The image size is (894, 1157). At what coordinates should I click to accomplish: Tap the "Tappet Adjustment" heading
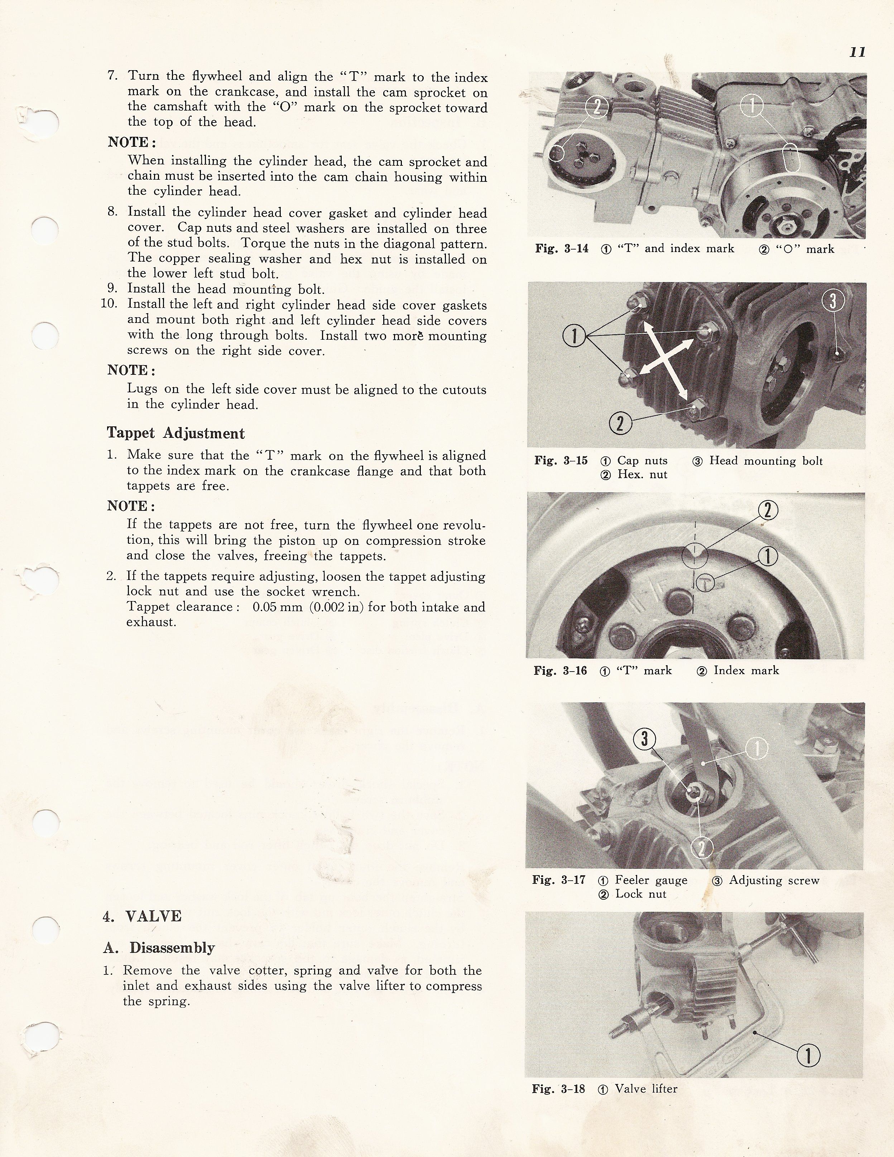(176, 434)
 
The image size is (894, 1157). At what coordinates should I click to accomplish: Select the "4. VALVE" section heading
(142, 916)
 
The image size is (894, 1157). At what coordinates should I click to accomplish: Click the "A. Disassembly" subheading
(159, 948)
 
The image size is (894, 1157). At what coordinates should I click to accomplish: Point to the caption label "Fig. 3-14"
(561, 248)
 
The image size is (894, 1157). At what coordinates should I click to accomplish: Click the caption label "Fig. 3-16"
(560, 671)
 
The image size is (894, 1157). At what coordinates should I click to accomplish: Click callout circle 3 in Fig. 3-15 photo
(832, 301)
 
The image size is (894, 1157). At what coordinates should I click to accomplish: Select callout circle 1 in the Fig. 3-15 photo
(573, 336)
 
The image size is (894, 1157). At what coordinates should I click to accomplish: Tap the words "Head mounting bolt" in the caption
(766, 461)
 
